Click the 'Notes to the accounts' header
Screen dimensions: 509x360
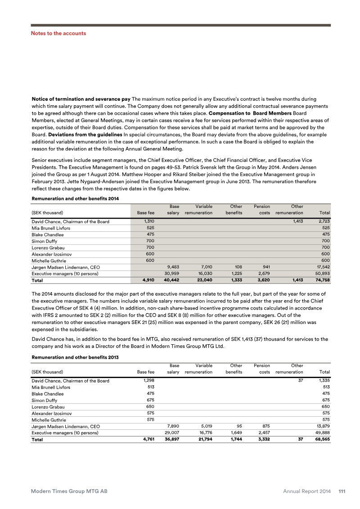(58, 33)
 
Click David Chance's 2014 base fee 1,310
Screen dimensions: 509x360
(148, 221)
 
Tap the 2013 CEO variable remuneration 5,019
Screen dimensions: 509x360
(205, 426)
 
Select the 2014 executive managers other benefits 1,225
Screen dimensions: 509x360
(235, 273)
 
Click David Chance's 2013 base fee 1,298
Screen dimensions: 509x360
(148, 381)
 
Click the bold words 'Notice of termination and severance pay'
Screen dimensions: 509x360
(81, 99)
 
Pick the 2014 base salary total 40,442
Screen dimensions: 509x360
(171, 279)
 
